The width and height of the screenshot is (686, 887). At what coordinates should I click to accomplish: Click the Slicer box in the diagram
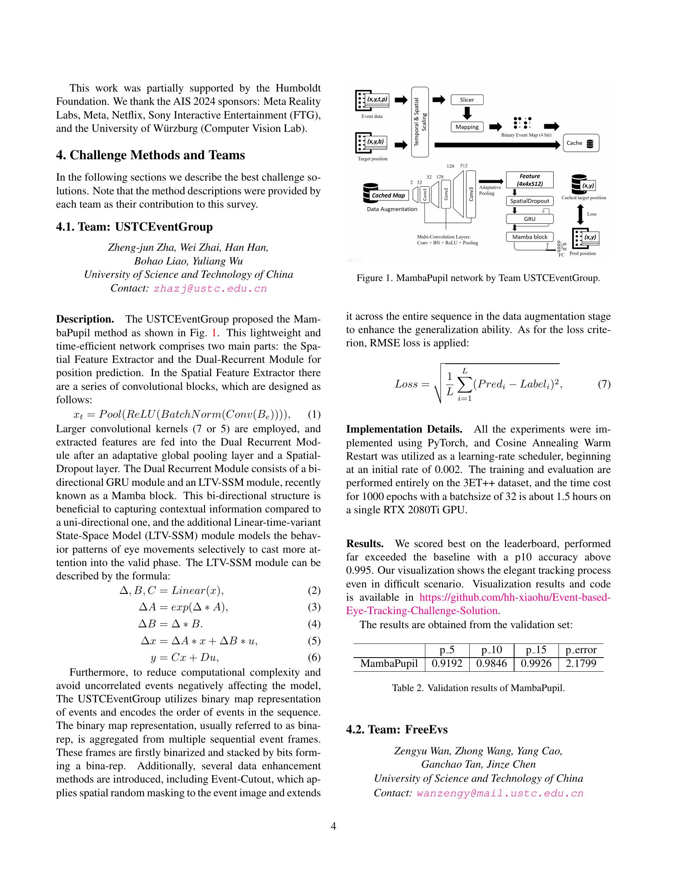point(467,100)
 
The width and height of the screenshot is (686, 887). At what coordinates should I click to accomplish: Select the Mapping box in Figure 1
point(467,127)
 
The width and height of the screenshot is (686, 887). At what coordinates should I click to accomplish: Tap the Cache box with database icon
point(580,143)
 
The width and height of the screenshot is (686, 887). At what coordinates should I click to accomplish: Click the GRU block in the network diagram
point(529,219)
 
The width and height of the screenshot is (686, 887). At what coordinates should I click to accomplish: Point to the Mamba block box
point(529,237)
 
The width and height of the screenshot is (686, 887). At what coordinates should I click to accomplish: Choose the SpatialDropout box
point(529,201)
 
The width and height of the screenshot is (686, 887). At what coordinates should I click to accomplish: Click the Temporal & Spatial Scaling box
point(420,122)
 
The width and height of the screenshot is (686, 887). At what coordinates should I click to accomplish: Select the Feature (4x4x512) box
point(529,180)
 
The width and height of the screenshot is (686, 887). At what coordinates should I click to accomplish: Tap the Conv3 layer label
point(471,194)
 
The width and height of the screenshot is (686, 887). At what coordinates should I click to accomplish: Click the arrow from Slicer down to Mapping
point(467,113)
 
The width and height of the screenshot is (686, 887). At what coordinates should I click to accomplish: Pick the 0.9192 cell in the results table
point(447,664)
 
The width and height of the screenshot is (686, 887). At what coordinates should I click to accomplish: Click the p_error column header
point(581,650)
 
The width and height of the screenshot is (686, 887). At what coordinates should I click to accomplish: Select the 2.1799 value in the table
point(581,664)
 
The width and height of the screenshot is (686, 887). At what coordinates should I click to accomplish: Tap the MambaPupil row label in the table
point(389,664)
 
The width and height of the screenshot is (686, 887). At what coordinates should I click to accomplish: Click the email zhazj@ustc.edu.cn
point(210,288)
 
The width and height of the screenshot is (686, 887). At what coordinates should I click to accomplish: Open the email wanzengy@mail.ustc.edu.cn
point(500,793)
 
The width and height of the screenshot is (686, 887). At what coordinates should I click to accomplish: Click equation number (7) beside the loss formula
point(604,384)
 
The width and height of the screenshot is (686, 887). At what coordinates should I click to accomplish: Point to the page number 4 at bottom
point(334,826)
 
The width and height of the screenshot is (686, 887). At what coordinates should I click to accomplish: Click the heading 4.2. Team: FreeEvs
point(397,729)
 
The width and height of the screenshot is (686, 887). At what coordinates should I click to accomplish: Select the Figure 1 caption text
point(478,278)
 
